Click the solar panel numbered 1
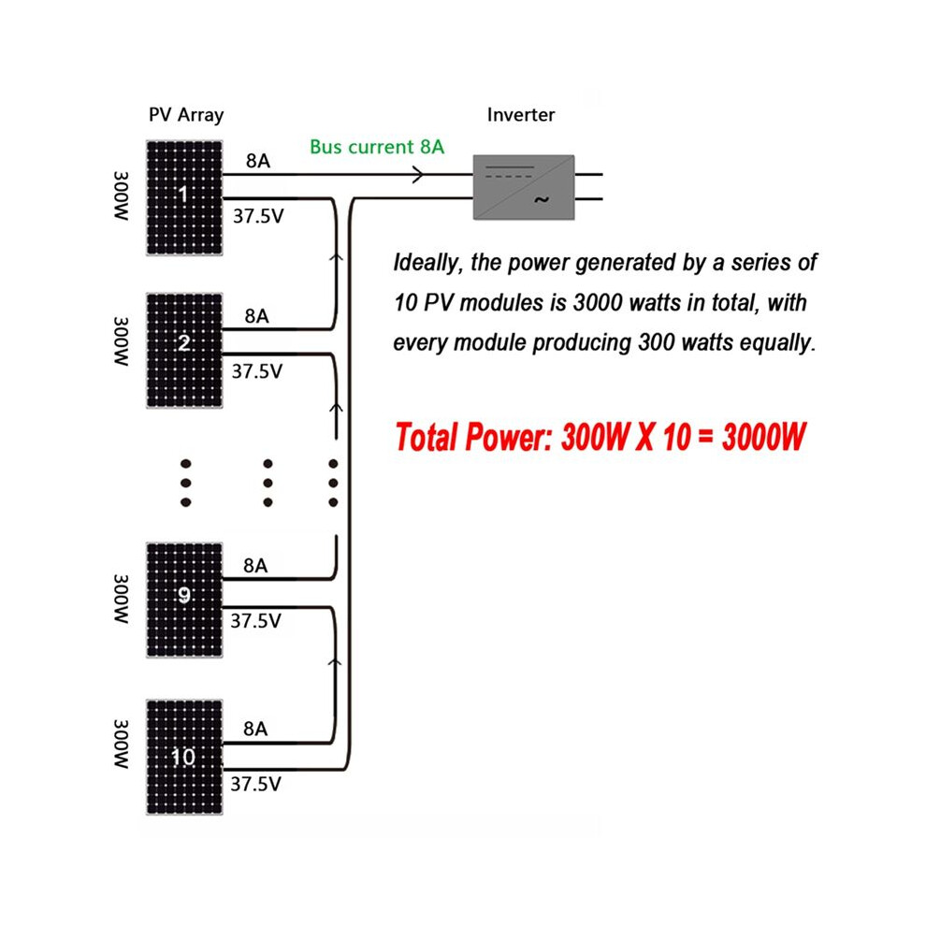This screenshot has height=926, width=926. point(184,198)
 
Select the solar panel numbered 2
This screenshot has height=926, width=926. point(184,350)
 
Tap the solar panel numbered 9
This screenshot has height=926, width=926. point(184,600)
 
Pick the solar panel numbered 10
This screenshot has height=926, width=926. point(184,757)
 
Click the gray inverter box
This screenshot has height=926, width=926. point(524,187)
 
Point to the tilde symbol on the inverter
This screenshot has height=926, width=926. point(541,200)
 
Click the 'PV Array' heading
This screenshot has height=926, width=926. point(186,114)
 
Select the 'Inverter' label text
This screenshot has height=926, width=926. point(521,114)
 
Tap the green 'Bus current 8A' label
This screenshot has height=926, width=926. point(377,147)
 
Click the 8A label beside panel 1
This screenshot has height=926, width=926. point(258,161)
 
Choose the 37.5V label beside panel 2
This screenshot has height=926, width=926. point(257,371)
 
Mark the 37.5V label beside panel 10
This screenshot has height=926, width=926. point(255,784)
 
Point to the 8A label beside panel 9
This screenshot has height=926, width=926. point(255,566)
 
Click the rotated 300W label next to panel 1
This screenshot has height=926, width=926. point(121,196)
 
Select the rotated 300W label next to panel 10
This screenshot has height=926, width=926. point(121,745)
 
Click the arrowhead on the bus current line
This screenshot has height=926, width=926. point(418,174)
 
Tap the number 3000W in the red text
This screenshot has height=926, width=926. point(763,438)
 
